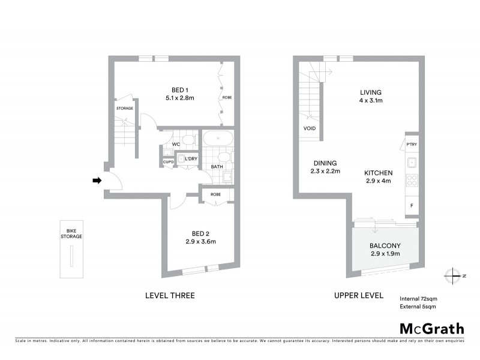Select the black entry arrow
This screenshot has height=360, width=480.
(x=96, y=180)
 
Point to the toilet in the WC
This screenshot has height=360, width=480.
(x=188, y=141)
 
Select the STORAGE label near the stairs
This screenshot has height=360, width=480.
(x=124, y=109)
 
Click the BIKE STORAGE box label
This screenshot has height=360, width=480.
(x=71, y=233)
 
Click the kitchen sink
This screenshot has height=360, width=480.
(x=412, y=163)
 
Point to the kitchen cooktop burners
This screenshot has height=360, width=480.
(x=412, y=180)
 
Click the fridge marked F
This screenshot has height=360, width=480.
(x=412, y=206)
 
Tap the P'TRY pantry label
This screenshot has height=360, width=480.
(x=412, y=145)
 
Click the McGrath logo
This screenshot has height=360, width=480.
(x=431, y=328)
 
